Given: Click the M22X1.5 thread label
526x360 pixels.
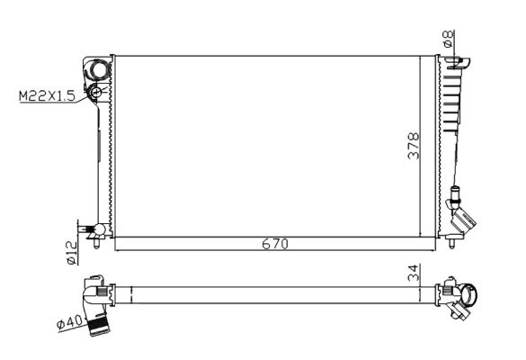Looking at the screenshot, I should (49, 93).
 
